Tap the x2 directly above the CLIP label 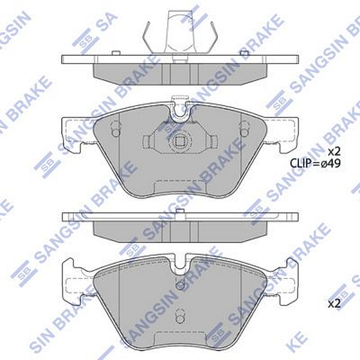[334, 150]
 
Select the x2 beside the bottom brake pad [334, 305]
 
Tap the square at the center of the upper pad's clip [178, 142]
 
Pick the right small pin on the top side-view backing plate [245, 55]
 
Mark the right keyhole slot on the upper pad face [244, 128]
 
